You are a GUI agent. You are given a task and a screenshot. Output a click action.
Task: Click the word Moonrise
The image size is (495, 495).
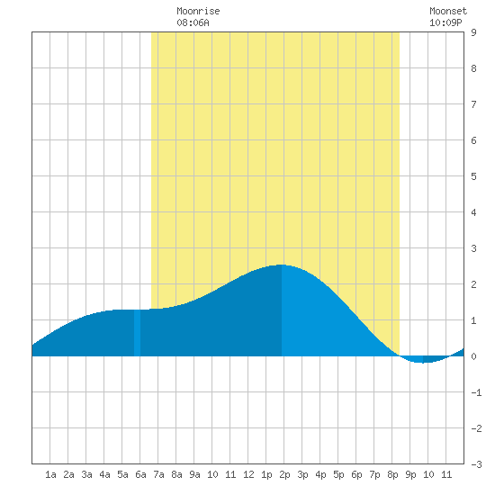click(198, 12)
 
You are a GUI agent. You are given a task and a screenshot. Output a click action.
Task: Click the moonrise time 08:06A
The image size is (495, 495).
click(193, 22)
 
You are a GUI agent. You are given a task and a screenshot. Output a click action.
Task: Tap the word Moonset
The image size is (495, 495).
click(448, 12)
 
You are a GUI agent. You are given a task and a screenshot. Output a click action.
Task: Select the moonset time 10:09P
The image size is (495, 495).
click(445, 22)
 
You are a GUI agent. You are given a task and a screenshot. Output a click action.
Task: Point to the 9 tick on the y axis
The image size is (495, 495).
click(473, 32)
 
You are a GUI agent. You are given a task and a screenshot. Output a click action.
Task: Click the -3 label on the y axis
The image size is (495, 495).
click(476, 464)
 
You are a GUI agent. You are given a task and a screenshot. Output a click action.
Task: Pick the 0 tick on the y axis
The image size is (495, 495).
click(473, 356)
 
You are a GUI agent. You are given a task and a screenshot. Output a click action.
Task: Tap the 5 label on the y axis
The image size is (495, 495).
click(473, 176)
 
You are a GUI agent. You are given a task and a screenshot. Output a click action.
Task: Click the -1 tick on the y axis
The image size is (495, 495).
click(476, 392)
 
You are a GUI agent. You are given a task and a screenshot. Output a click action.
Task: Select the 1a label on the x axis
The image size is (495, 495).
click(50, 474)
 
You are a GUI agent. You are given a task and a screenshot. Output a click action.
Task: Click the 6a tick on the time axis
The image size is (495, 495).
click(140, 474)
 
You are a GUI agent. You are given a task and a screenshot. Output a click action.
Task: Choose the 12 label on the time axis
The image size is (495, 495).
click(248, 474)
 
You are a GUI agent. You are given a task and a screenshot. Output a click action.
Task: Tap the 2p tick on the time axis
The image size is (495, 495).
click(284, 474)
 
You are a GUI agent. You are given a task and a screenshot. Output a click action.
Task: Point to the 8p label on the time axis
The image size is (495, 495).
click(392, 474)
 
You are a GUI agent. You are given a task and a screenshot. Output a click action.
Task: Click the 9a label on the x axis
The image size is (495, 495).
click(194, 474)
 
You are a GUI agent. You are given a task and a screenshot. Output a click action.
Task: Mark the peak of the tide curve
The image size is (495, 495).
click(281, 265)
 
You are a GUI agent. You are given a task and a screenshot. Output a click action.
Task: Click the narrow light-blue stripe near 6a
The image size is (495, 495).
click(138, 333)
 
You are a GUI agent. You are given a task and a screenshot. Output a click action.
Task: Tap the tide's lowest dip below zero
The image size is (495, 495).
click(422, 363)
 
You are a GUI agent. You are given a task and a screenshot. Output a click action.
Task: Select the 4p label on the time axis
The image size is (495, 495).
click(320, 474)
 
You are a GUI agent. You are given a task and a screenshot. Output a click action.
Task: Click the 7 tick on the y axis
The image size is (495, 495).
click(473, 104)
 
